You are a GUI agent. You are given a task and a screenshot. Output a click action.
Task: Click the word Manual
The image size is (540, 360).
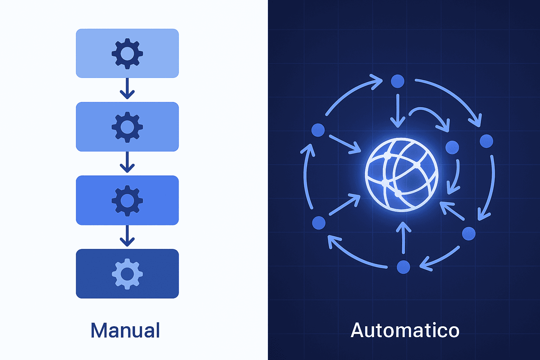click(125, 330)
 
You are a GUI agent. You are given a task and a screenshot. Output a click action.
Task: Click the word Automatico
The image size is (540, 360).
click(405, 330)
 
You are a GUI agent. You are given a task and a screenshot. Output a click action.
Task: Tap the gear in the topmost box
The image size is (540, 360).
click(127, 53)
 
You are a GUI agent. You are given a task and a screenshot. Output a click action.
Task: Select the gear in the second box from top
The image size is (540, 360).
click(127, 127)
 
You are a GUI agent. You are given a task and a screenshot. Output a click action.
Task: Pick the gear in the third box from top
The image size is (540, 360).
click(127, 200)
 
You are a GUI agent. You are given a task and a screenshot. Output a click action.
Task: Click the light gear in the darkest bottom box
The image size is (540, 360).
click(127, 274)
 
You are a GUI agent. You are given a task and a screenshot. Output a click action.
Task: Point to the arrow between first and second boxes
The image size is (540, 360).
click(127, 89)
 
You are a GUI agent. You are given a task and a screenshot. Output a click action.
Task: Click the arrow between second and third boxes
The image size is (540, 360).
click(127, 162)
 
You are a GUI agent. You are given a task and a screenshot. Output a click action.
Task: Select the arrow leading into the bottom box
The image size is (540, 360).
click(127, 236)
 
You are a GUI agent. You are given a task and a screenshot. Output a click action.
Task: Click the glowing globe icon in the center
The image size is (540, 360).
click(401, 175)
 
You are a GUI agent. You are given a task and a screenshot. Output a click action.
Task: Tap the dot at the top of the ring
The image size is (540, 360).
click(398, 81)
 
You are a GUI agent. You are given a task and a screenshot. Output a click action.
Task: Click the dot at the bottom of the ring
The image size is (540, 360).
click(403, 267)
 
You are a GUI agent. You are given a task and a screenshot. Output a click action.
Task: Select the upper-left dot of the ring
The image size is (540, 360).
click(318, 130)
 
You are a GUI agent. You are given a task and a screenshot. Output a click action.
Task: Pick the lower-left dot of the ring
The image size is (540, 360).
click(319, 223)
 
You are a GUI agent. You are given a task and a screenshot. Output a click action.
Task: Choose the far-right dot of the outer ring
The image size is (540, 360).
click(487, 141)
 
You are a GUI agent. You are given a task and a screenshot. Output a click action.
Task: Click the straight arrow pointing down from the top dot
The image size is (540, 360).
click(398, 111)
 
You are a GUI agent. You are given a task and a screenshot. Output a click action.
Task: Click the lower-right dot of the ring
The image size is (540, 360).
click(469, 233)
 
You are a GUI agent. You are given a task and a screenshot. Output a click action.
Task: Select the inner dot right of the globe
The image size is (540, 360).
click(452, 147)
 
